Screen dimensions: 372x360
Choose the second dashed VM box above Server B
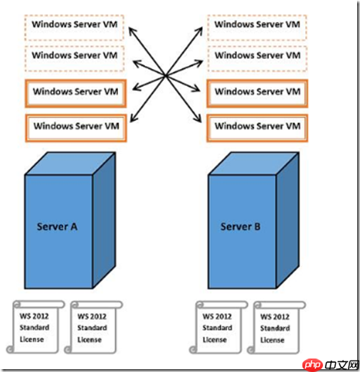[258, 55]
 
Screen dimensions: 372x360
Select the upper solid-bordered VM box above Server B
[258, 92]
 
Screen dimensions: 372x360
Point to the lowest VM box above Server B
[258, 127]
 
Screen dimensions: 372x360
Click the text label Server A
[58, 226]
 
